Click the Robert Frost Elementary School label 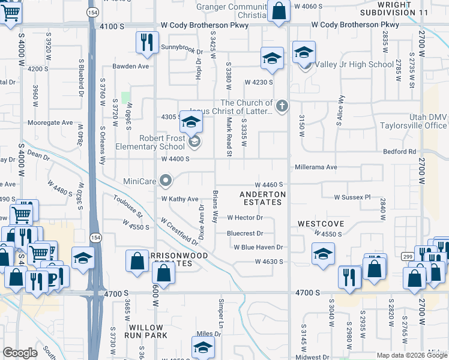click(x=162, y=142)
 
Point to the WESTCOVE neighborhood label click(x=321, y=224)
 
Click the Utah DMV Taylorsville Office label click(x=414, y=122)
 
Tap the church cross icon click(x=283, y=107)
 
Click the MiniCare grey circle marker click(x=167, y=179)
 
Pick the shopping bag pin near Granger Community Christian click(x=279, y=11)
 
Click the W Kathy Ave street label click(x=179, y=199)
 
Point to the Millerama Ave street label click(x=316, y=167)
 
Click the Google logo click(x=20, y=353)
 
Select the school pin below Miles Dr click(x=203, y=347)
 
